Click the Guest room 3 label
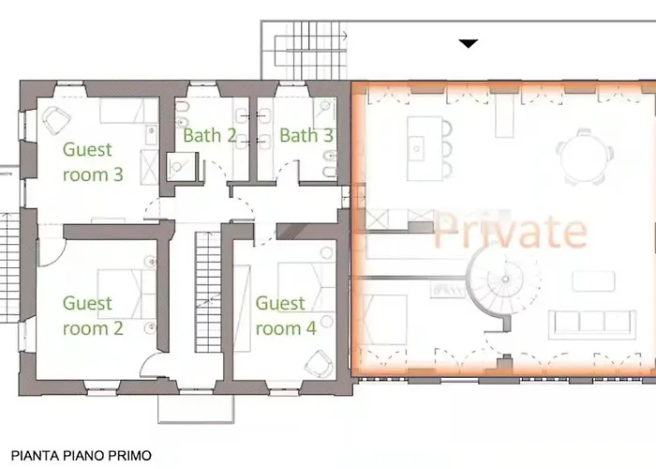(93, 162)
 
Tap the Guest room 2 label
(93, 316)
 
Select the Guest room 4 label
(286, 316)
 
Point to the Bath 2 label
(210, 135)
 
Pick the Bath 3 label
(306, 135)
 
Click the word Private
(511, 230)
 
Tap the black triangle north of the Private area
(469, 43)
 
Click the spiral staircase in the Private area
(504, 280)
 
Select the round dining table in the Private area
(585, 157)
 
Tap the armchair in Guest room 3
(56, 120)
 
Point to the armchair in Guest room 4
(320, 364)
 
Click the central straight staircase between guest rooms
(208, 293)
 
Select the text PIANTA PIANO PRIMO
(82, 456)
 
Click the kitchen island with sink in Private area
(425, 148)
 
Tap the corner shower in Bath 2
(181, 167)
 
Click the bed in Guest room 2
(127, 295)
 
